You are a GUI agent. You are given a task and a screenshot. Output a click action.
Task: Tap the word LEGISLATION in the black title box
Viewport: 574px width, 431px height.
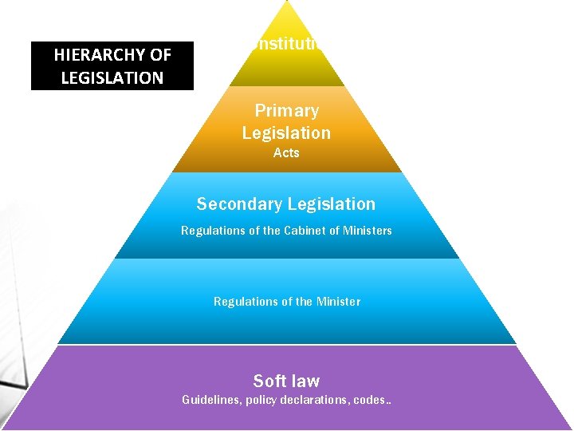112,77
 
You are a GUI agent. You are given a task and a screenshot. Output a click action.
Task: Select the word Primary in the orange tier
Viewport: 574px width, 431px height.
286,111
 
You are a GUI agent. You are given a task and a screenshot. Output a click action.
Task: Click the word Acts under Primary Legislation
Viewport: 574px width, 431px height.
286,152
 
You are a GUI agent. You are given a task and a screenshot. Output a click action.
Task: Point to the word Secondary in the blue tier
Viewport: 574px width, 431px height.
238,204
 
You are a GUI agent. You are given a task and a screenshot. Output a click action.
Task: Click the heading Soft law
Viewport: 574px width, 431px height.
286,381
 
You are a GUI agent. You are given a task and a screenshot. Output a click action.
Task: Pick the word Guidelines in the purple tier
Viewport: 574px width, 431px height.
211,400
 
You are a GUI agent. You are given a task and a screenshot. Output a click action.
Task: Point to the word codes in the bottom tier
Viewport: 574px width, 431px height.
369,400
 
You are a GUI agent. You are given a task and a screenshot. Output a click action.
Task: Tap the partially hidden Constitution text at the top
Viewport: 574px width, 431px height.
286,43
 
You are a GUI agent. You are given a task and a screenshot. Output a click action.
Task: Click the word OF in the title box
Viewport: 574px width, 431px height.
160,55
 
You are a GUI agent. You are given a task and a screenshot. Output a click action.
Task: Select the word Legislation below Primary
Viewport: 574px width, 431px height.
286,132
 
